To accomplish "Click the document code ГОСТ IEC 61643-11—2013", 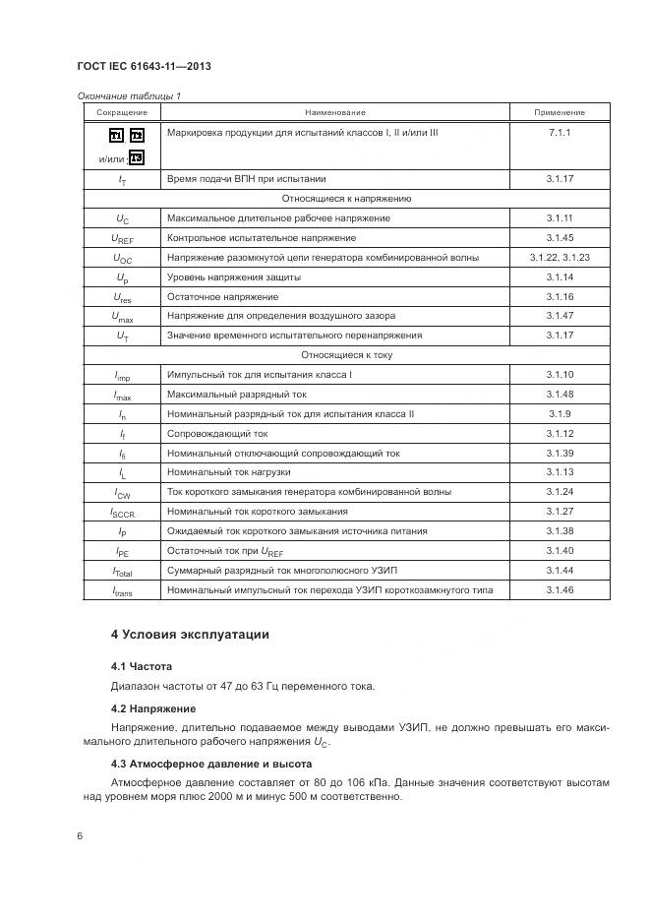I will [144, 67].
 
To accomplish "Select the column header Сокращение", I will [122, 113].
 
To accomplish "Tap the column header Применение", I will [560, 113].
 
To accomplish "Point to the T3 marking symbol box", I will [137, 157].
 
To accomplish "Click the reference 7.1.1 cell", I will [560, 132].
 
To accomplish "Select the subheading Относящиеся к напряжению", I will [346, 199].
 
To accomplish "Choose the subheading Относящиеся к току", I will [346, 355].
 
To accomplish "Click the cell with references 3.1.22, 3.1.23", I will [560, 258].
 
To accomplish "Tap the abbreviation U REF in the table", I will [123, 239].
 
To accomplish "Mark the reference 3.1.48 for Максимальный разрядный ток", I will [560, 395].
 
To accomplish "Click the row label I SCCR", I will [123, 513].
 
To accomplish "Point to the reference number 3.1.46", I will [560, 589].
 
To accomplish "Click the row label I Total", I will [123, 572].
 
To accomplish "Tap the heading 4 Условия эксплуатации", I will [190, 635].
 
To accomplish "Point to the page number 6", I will [80, 834].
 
